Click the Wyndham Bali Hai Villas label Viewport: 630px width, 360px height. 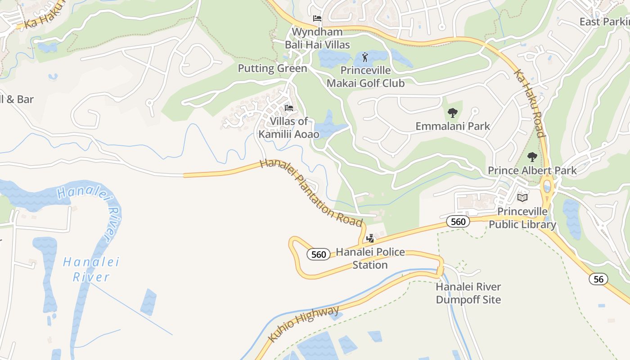pos(317,38)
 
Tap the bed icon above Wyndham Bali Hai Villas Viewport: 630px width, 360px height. pos(317,18)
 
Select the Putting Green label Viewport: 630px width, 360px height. pos(272,68)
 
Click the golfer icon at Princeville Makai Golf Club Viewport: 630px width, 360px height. pos(364,57)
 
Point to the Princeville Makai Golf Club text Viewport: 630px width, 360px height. pos(365,77)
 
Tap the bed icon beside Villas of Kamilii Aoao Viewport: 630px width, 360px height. pos(289,108)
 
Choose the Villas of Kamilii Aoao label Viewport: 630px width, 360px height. pos(289,127)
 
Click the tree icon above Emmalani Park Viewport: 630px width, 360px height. pos(453,112)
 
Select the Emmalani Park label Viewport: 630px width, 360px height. pos(453,126)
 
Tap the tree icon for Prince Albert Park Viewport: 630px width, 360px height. pos(532,157)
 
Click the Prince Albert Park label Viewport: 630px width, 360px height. pos(532,171)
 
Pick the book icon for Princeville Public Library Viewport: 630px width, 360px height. pos(522,197)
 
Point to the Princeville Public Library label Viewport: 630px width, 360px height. pos(522,218)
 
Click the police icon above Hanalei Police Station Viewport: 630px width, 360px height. pos(370,238)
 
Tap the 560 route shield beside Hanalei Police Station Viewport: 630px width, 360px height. pos(319,254)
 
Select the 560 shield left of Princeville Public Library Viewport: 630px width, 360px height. pos(458,221)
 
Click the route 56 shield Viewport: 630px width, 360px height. pos(598,279)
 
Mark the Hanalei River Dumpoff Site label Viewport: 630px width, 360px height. pos(468,293)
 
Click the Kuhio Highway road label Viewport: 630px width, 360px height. pos(304,324)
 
